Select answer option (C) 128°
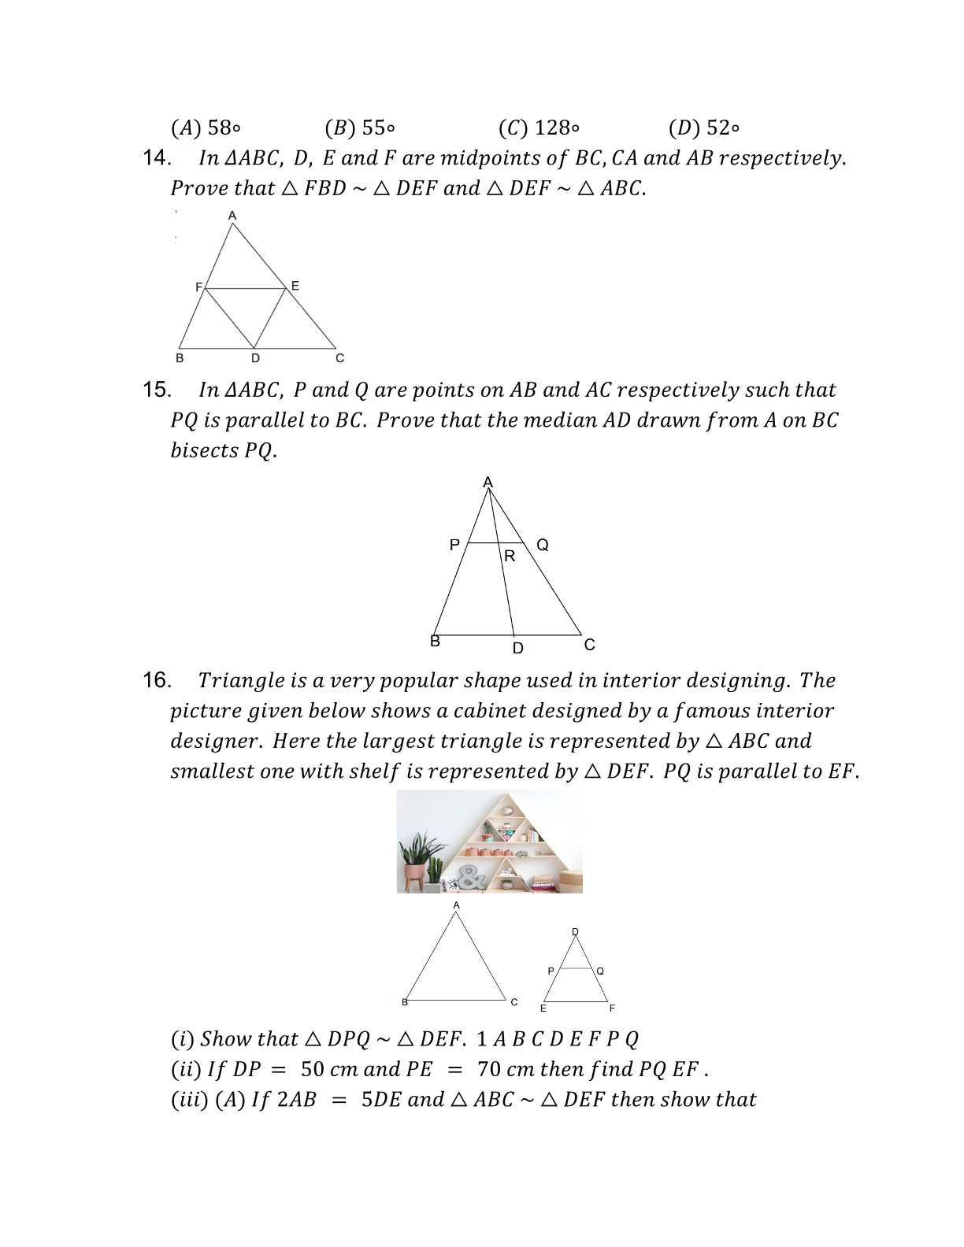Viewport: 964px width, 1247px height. pyautogui.click(x=539, y=128)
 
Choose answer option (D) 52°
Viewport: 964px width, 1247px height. pyautogui.click(x=704, y=128)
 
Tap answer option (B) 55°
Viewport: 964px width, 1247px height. pyautogui.click(x=360, y=128)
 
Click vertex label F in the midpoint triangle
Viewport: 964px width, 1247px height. pyautogui.click(x=198, y=287)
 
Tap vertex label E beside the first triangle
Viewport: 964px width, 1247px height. pyautogui.click(x=295, y=286)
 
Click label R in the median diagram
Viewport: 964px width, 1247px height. pyautogui.click(x=510, y=557)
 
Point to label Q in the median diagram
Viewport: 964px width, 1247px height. pyautogui.click(x=543, y=545)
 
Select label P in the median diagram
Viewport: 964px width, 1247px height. pyautogui.click(x=454, y=545)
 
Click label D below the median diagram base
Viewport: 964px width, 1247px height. pyautogui.click(x=517, y=649)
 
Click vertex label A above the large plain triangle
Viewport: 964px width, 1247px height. pyautogui.click(x=456, y=905)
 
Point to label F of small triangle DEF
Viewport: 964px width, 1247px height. pyautogui.click(x=612, y=1008)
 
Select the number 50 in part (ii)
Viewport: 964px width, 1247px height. pyautogui.click(x=313, y=1070)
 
